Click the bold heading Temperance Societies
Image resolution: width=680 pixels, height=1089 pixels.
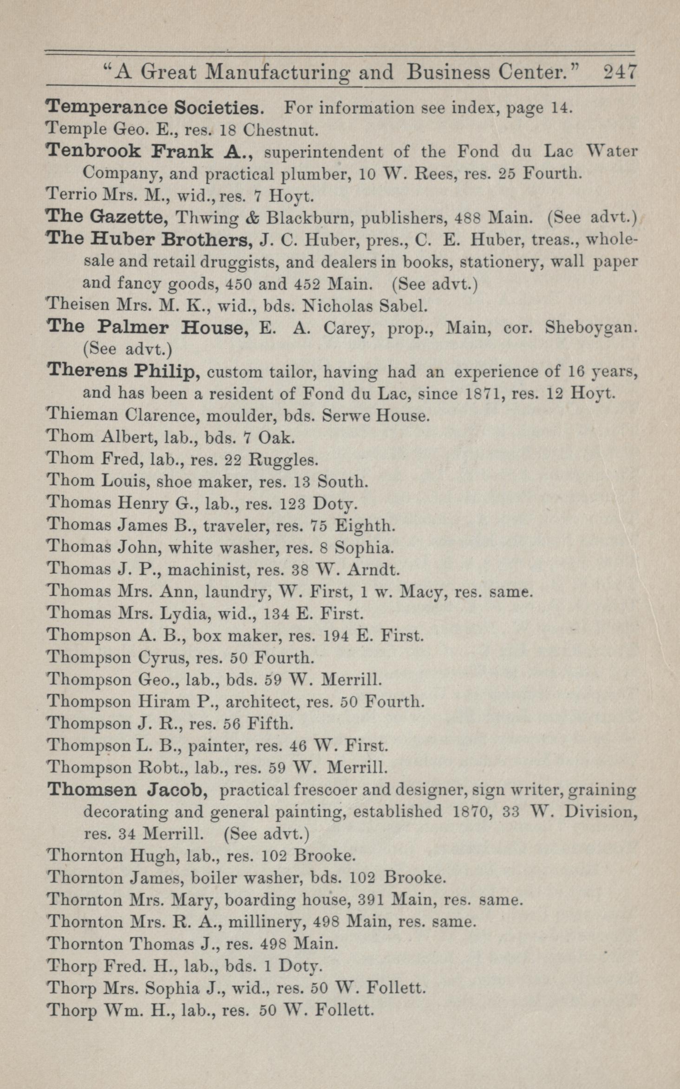[x=156, y=108]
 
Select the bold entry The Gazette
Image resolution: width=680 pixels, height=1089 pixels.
[x=107, y=217]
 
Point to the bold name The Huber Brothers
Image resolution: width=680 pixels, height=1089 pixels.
[x=149, y=240]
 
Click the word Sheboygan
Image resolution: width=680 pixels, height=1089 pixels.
[x=590, y=328]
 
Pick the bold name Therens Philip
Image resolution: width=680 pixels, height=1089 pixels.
[x=124, y=371]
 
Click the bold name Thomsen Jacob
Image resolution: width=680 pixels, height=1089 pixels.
[x=128, y=789]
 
